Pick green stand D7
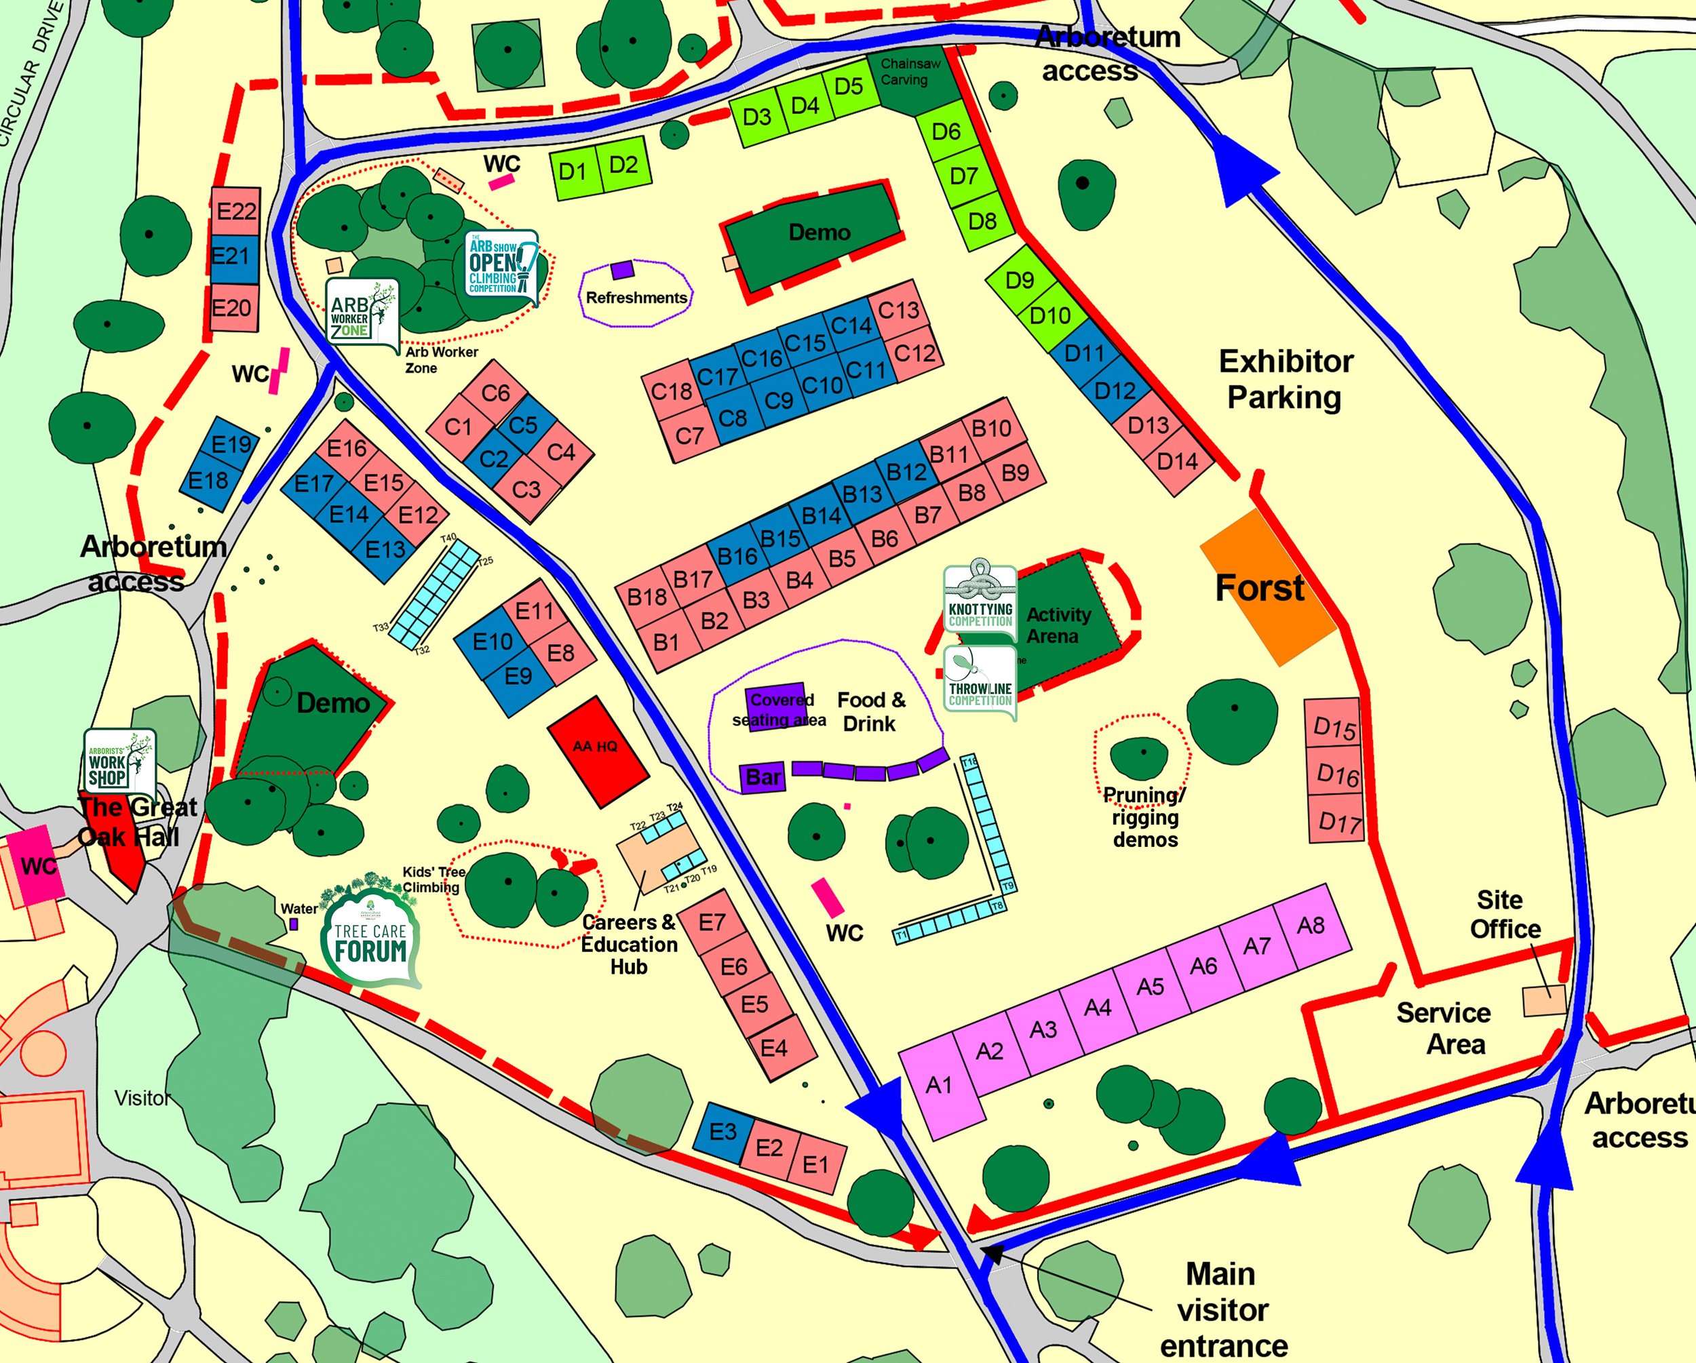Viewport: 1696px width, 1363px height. coord(963,176)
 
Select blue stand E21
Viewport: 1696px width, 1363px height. coord(233,258)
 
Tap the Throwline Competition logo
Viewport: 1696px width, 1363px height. coord(980,682)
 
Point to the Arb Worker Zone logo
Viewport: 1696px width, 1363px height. coord(361,314)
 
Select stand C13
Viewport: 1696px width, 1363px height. coord(898,311)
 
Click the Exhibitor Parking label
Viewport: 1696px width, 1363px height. coord(1286,379)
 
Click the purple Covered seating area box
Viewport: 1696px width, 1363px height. coord(775,705)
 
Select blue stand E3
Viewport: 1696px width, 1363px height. coord(722,1132)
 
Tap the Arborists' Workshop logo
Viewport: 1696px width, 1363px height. coord(119,762)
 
